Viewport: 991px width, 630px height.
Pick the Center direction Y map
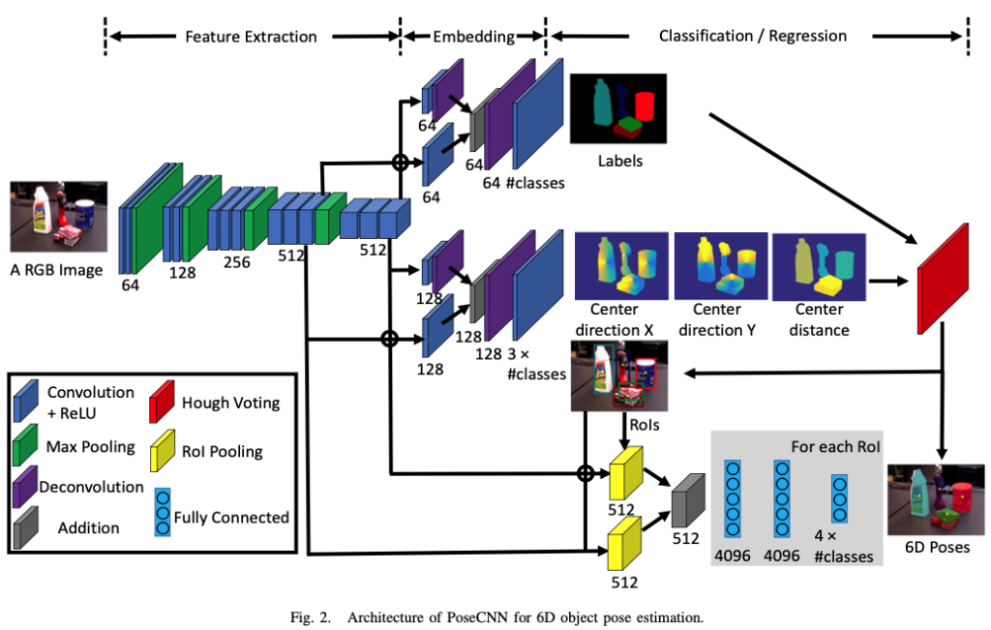point(716,265)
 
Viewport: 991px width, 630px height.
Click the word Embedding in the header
point(473,37)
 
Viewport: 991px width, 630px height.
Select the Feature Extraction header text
point(251,37)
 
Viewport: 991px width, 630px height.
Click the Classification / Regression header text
point(752,37)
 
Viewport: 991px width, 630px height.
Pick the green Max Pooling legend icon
point(27,447)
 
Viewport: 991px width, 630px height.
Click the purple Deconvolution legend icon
point(25,487)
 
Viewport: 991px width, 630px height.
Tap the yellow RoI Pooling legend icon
point(165,450)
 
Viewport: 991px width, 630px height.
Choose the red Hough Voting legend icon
point(165,402)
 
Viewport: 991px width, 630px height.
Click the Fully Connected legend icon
point(162,516)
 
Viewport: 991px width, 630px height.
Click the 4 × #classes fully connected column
point(838,498)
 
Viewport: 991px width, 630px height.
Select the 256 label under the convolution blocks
point(236,262)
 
